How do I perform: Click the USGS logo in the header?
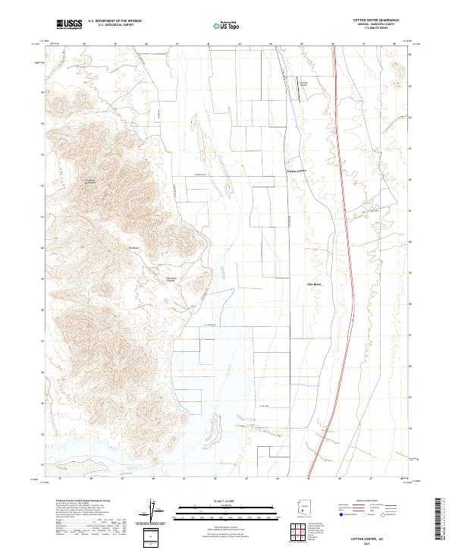point(69,24)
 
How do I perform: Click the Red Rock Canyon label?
point(171,278)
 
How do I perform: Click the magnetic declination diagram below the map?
point(155,510)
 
